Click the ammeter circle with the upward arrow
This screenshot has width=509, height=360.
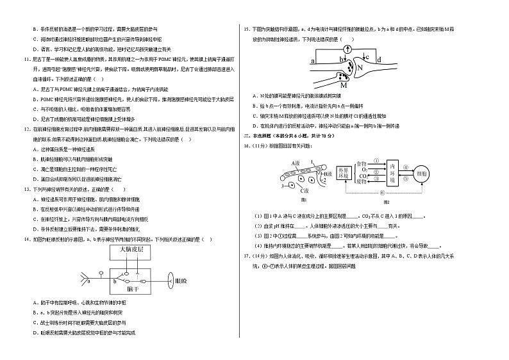pyautogui.click(x=348, y=49)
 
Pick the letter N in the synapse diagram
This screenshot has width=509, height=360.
pyautogui.click(x=360, y=67)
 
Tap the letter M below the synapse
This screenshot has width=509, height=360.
pyautogui.click(x=344, y=85)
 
